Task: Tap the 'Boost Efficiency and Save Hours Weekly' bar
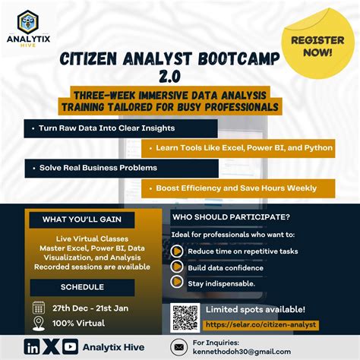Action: coord(238,187)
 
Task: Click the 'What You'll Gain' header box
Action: coord(81,220)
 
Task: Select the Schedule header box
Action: coord(81,286)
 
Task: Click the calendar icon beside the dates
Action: coord(39,308)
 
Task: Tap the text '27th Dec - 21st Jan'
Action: coord(92,308)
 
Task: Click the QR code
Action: coord(185,317)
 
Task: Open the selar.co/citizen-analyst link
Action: coord(260,324)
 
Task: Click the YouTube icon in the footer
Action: coord(71,347)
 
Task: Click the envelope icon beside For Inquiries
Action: coord(178,348)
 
